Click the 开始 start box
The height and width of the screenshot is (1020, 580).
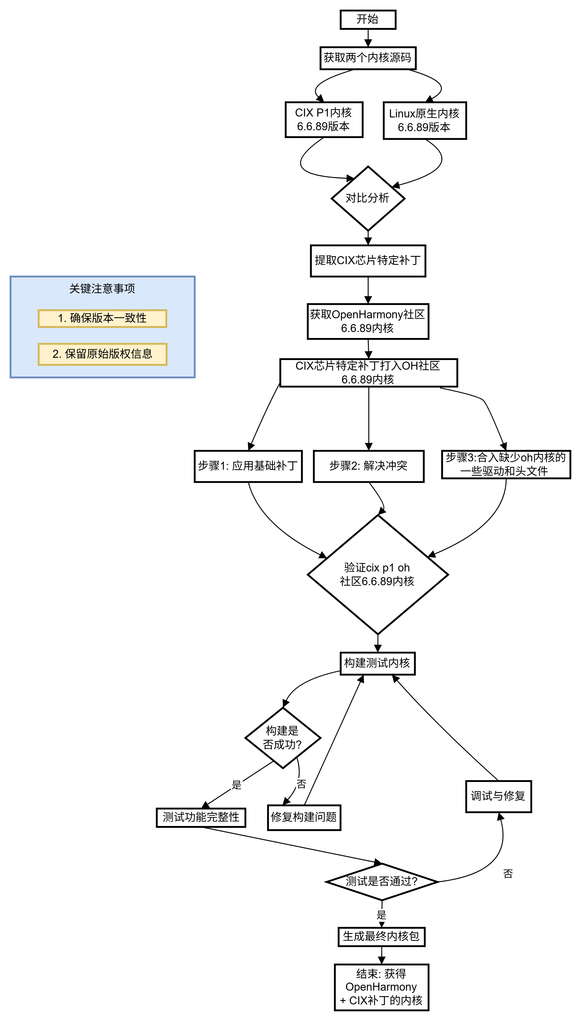click(368, 19)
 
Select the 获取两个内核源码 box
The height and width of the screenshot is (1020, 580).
click(368, 58)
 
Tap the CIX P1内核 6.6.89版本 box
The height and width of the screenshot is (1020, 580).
click(324, 120)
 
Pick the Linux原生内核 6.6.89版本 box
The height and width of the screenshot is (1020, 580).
click(425, 120)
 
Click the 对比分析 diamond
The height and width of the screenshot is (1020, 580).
click(368, 198)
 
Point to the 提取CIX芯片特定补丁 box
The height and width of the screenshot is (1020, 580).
click(368, 261)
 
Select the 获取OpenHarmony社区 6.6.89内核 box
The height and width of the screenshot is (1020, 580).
click(368, 322)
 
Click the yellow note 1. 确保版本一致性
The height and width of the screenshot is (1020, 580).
click(102, 318)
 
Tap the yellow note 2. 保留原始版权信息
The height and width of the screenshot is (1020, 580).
click(102, 354)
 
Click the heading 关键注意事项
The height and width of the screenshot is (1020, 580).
click(102, 289)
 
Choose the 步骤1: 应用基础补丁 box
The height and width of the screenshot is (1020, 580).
click(248, 466)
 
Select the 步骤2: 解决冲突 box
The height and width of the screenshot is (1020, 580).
click(369, 466)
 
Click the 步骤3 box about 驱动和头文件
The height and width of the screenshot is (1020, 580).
click(506, 465)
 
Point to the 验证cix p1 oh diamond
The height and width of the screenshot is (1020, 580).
click(378, 575)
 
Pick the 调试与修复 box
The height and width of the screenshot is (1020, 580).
click(498, 796)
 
